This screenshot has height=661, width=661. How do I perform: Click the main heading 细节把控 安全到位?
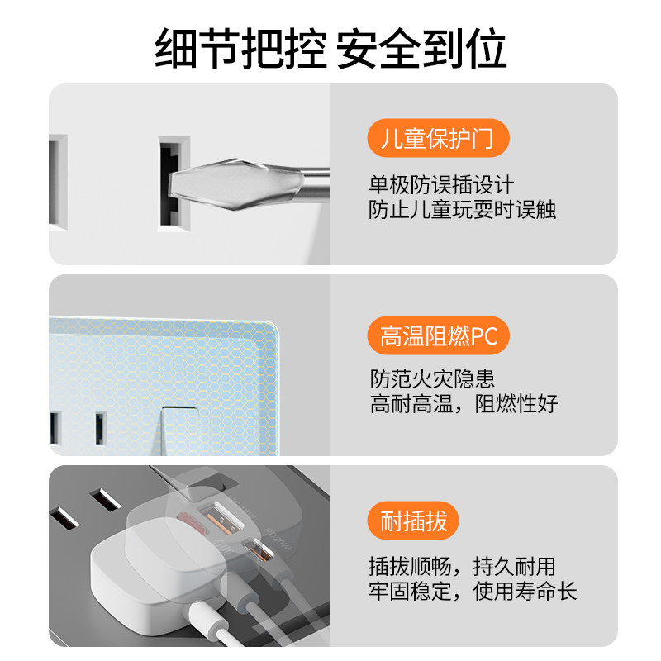(x=330, y=49)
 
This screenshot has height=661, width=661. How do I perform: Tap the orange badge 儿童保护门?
(x=439, y=138)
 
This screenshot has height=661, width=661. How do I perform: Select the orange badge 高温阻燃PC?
(x=439, y=335)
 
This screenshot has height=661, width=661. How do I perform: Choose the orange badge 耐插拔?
(x=413, y=521)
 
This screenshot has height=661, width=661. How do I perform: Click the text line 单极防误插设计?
(x=441, y=185)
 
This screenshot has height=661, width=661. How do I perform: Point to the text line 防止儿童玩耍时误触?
(x=462, y=210)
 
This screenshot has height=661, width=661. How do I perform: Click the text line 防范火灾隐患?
(x=432, y=378)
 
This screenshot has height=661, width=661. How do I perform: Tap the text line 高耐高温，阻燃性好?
(x=464, y=404)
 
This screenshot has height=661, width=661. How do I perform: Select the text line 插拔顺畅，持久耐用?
(x=462, y=566)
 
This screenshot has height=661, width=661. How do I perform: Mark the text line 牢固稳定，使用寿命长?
(x=473, y=591)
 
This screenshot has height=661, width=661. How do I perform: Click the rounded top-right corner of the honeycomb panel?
(x=274, y=327)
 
